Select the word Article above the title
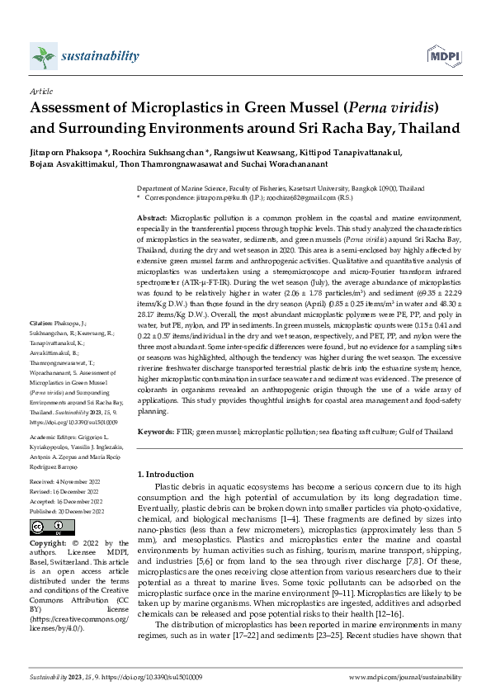pos(40,92)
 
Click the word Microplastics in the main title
pos(184,108)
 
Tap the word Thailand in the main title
pos(407,129)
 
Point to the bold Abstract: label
pos(152,215)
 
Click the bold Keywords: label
pos(156,431)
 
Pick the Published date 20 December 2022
pos(65,511)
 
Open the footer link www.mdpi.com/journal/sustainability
pos(405,675)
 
